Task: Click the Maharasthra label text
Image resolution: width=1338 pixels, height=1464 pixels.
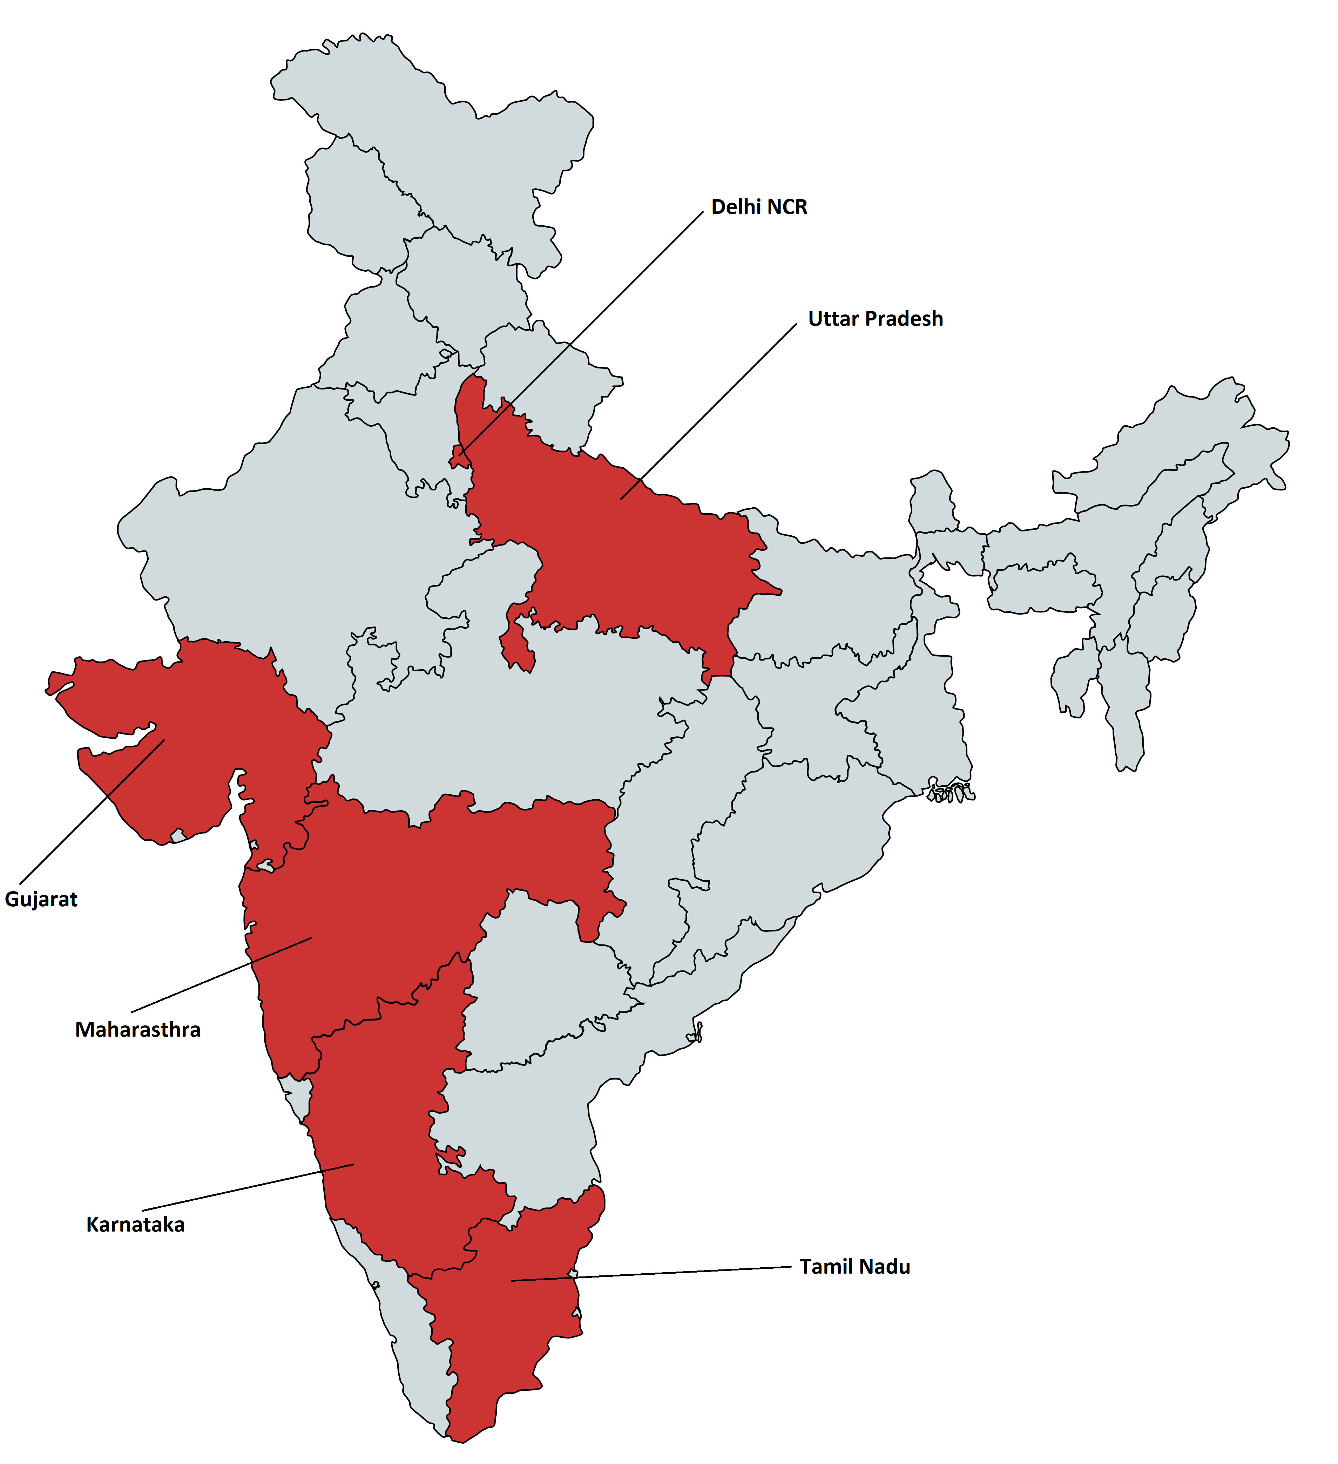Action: (137, 1030)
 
